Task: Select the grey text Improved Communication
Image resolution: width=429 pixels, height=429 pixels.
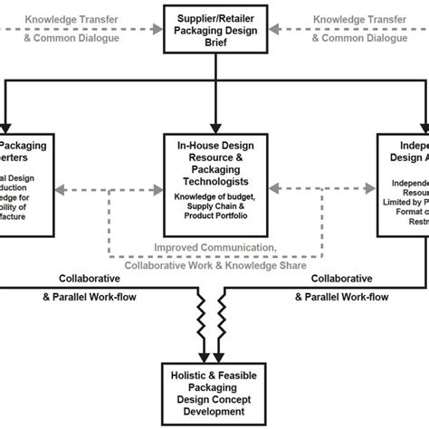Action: pos(214,248)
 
